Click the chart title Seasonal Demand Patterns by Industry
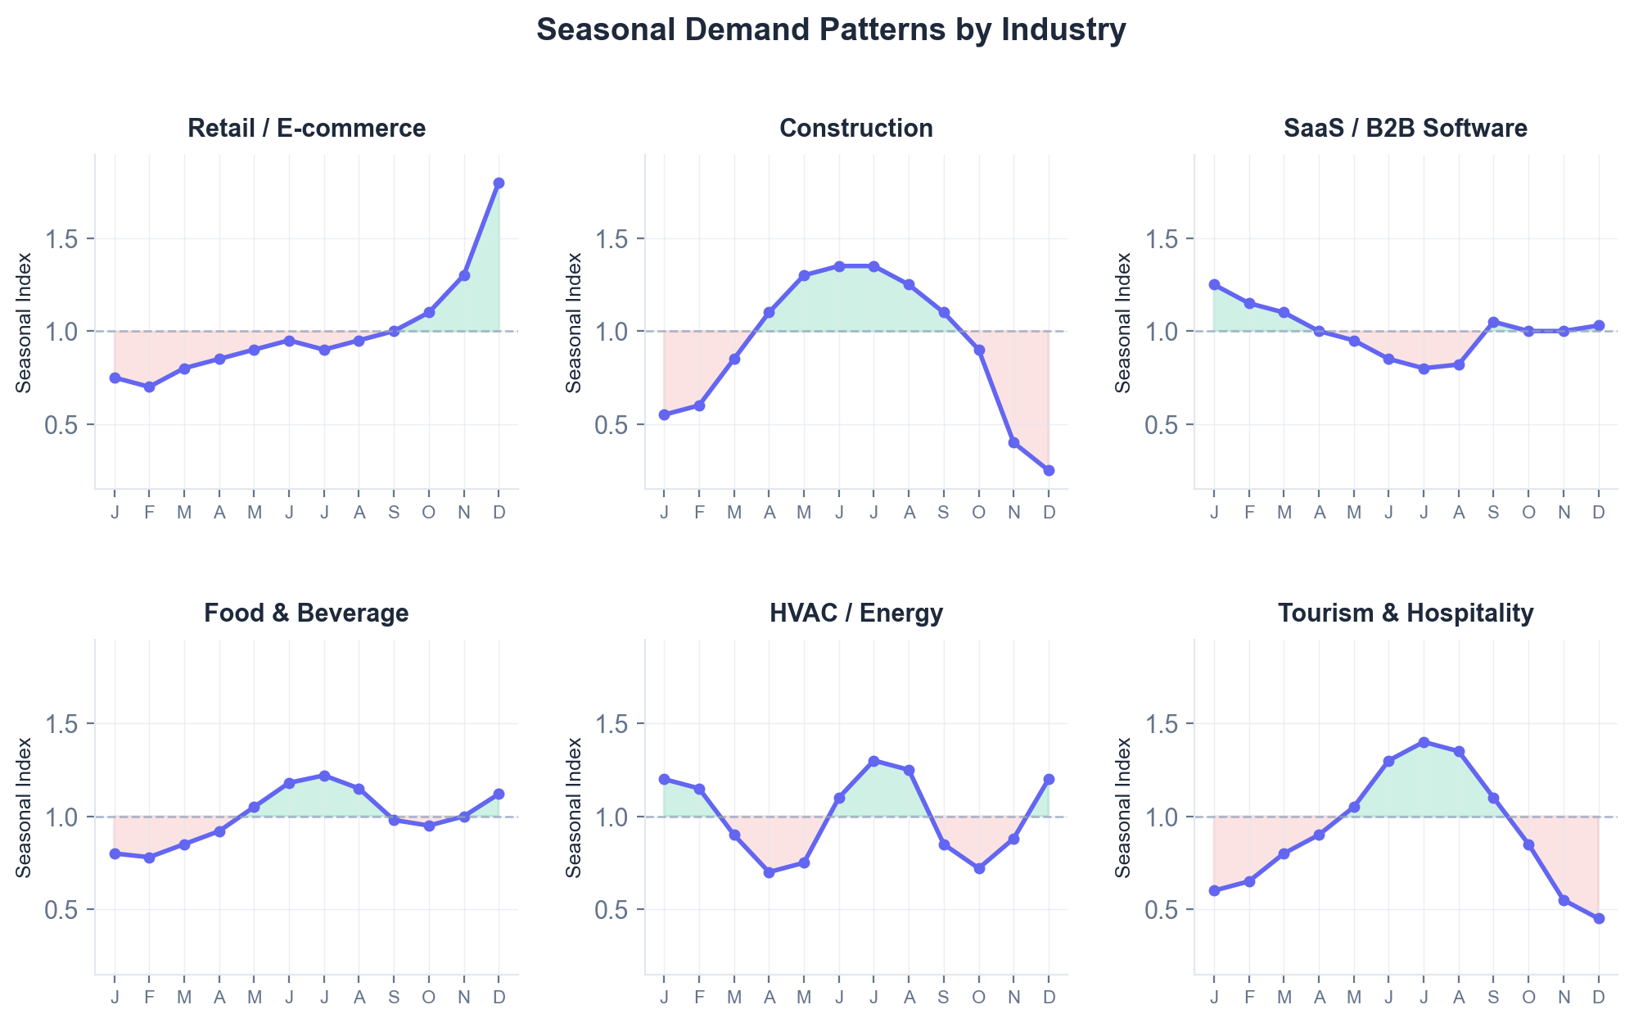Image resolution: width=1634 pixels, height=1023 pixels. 831,30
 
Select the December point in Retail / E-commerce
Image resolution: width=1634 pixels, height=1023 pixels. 499,183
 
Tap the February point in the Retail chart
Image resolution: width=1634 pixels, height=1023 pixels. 149,387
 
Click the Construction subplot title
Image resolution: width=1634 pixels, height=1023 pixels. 856,128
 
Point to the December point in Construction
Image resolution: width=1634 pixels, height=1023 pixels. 1049,470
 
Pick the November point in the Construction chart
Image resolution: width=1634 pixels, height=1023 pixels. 1013,442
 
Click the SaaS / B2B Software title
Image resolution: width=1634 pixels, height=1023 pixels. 1406,128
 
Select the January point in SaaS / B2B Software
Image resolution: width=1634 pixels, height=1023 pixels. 1214,284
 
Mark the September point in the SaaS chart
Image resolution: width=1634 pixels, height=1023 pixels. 1493,322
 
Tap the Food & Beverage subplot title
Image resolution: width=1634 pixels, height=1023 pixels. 306,613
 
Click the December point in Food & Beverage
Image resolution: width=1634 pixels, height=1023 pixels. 499,794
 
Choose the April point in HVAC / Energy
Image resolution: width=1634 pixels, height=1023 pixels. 769,872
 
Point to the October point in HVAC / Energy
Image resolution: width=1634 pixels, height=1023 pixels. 978,868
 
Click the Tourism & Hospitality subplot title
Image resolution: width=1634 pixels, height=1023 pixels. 1406,613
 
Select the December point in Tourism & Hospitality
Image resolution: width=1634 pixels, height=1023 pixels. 1599,918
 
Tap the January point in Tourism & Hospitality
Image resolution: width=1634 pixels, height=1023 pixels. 1214,890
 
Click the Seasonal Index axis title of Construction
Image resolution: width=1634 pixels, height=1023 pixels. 574,322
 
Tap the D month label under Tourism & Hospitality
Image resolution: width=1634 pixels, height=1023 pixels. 1599,997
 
